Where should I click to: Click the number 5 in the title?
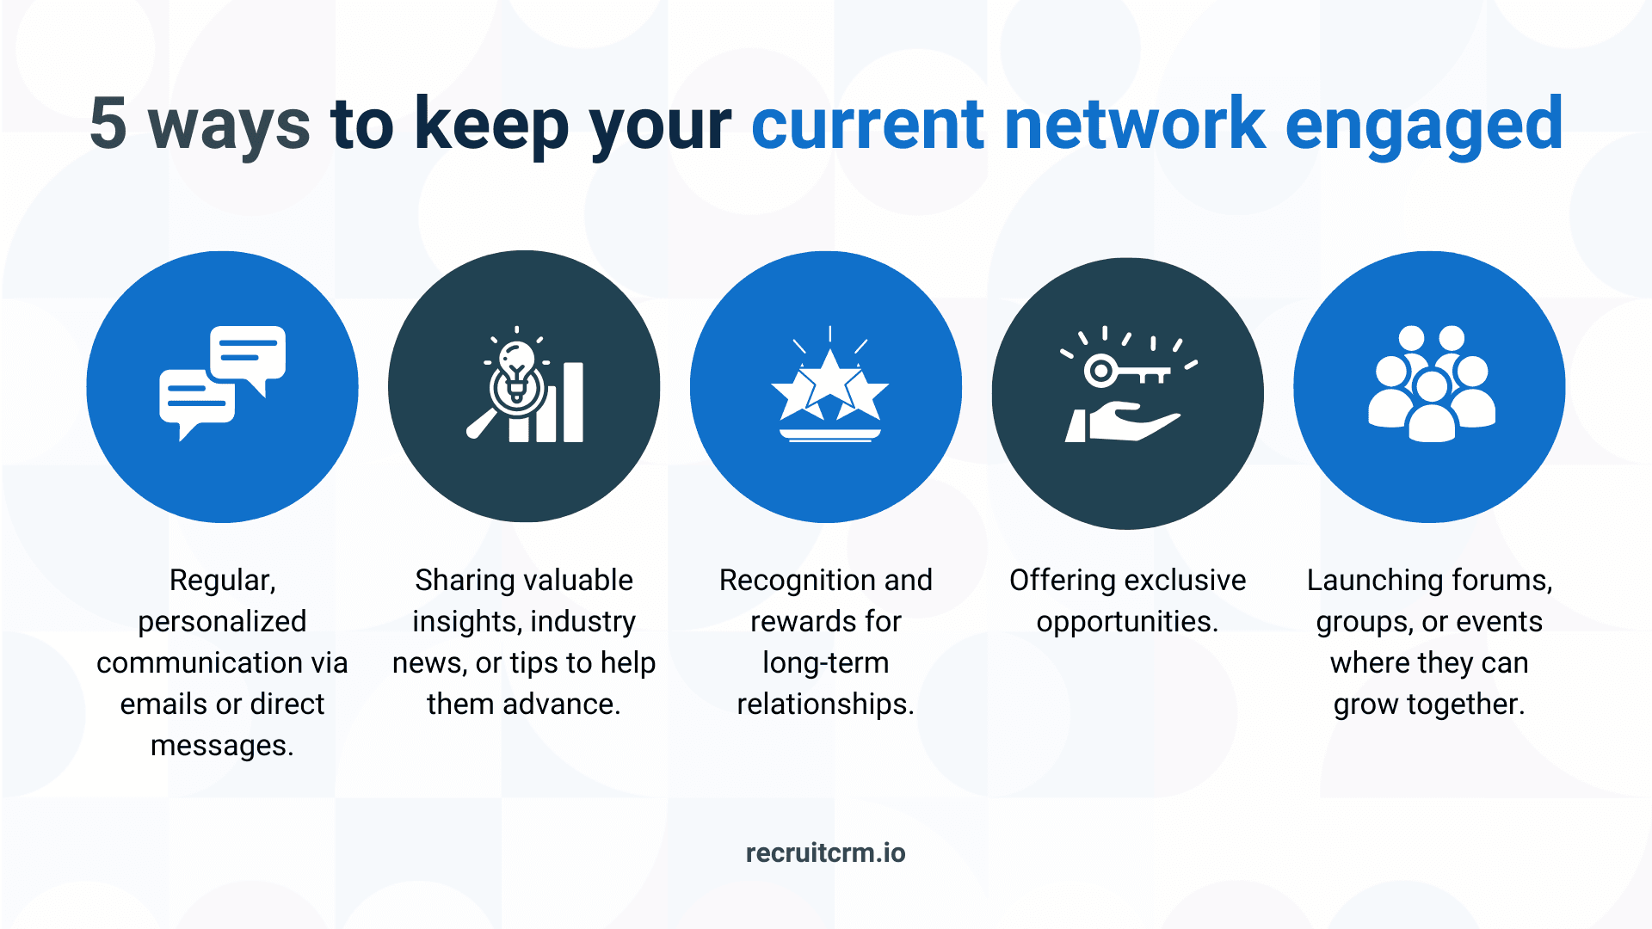coord(108,124)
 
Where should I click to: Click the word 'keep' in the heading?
coord(491,127)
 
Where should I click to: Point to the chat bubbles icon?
coord(222,383)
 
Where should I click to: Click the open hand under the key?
coord(1123,422)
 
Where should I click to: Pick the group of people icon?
coord(1432,384)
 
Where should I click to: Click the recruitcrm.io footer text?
coord(825,852)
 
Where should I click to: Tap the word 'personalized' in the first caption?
coord(222,622)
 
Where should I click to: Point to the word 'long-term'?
coord(825,663)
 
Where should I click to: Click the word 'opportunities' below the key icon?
coord(1124,622)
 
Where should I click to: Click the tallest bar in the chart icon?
coord(573,402)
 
